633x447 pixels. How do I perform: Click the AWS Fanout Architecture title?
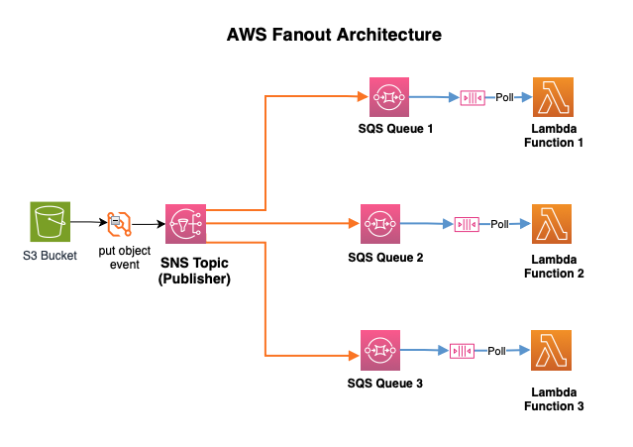334,35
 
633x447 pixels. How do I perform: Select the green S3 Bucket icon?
50,222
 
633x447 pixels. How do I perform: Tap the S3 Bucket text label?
50,256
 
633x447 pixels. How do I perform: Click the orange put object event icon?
119,224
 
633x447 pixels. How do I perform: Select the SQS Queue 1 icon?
388,97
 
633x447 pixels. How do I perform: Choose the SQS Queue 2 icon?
379,224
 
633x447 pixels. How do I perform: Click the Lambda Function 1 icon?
552,97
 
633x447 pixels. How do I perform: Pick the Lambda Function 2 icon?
552,224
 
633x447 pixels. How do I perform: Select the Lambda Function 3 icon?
552,351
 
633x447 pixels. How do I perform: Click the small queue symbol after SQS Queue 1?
473,98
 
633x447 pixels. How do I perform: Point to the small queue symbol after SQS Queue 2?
467,225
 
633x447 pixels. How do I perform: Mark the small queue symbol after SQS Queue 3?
462,352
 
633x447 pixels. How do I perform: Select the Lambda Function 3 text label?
553,399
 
